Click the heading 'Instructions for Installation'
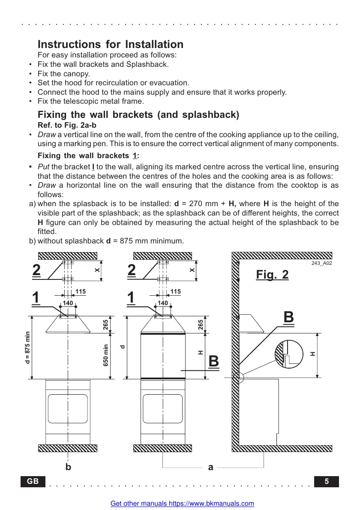point(111,44)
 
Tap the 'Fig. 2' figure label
point(272,274)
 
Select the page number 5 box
point(327,481)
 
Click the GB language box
point(33,481)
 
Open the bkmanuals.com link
point(182,504)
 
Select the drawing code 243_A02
point(321,263)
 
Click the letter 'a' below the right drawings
point(210,468)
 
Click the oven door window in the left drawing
point(68,409)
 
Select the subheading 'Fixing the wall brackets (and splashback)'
point(138,115)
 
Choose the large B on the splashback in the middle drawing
point(213,362)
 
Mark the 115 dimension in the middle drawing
point(176,291)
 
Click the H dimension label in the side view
point(312,354)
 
